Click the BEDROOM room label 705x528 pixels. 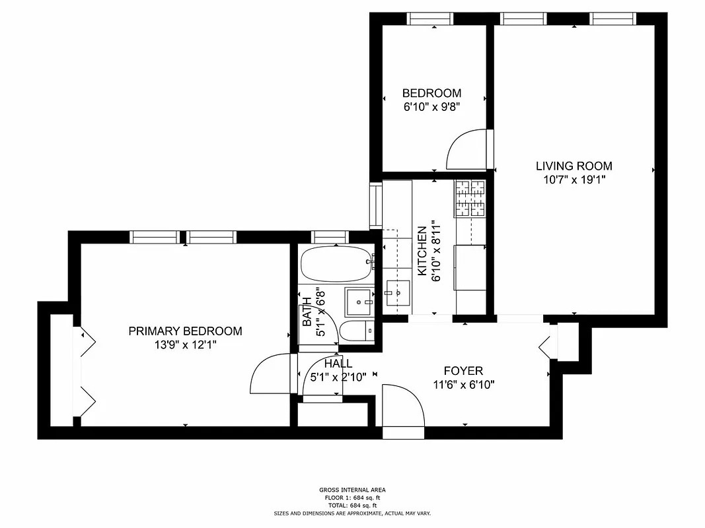point(431,93)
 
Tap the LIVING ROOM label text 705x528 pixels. point(574,166)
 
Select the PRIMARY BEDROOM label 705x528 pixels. point(185,331)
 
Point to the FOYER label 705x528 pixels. point(463,371)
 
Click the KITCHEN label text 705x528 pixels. point(421,251)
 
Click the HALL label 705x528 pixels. point(338,364)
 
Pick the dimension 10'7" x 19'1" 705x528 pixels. point(574,180)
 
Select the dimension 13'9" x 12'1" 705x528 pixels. point(185,344)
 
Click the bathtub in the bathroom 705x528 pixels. point(336,265)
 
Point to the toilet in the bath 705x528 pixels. point(357,331)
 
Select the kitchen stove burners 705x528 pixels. point(470,199)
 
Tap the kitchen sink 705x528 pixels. point(397,288)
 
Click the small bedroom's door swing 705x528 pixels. point(468,149)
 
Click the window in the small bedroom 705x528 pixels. point(433,18)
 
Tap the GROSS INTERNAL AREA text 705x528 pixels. point(352,490)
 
